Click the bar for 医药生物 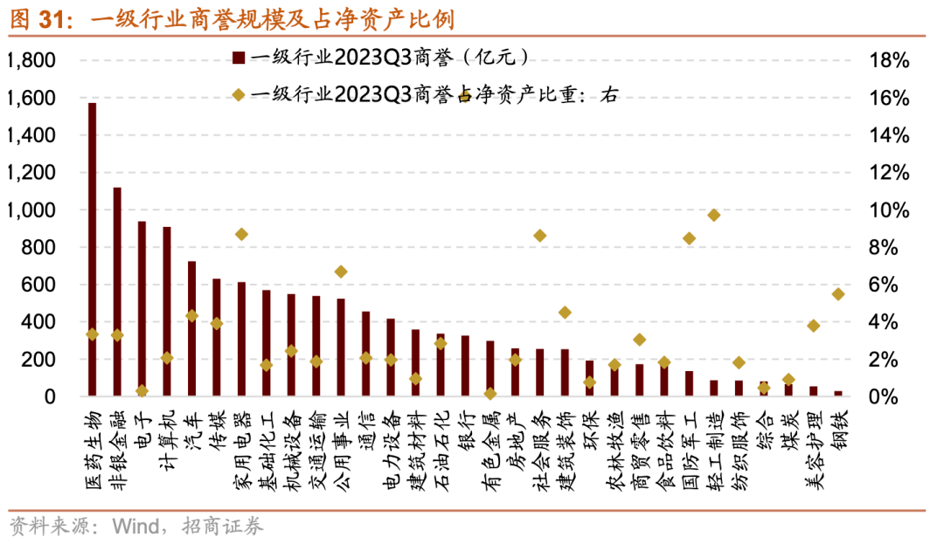pos(92,250)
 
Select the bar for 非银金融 pos(117,292)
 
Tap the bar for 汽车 pos(191,328)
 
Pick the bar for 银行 pos(465,366)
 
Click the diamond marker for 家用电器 pos(242,234)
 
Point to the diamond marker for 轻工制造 pos(714,215)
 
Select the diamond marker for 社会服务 pos(540,236)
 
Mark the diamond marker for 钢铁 pos(838,294)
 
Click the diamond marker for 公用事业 pos(341,272)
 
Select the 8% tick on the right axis pos(885,248)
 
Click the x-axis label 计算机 pos(167,437)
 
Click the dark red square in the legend pos(236,59)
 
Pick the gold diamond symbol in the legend pos(236,95)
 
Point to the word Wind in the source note pos(132,527)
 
